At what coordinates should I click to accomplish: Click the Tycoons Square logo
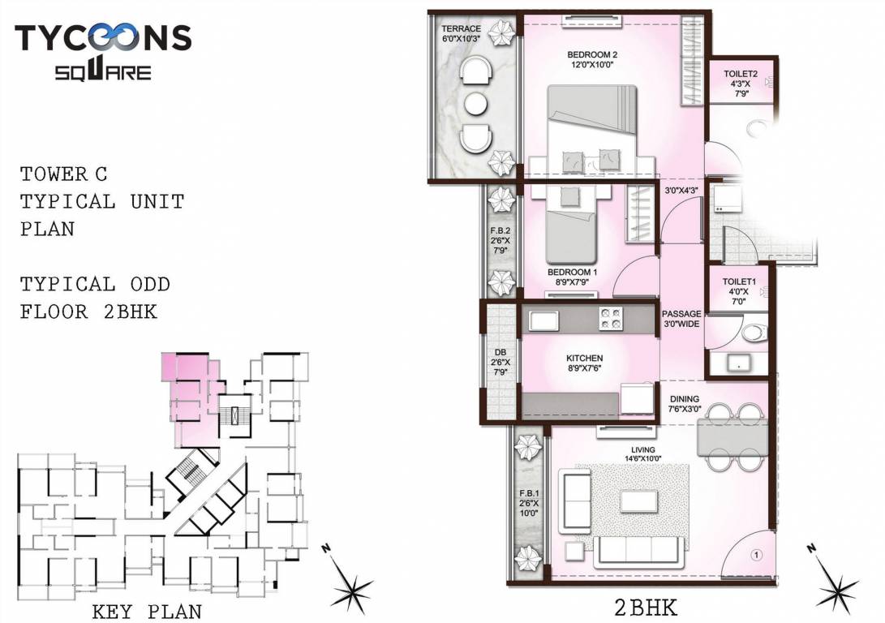(x=103, y=51)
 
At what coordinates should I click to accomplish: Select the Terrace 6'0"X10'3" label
(x=460, y=33)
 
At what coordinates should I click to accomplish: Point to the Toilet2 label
(x=741, y=84)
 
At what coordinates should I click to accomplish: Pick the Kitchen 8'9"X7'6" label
(x=584, y=363)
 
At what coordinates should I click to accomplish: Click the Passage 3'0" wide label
(x=681, y=319)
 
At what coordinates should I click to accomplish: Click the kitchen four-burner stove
(x=610, y=319)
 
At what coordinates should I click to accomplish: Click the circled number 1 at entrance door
(x=754, y=556)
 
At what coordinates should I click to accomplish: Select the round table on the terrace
(x=474, y=104)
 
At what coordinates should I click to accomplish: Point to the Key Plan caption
(x=147, y=611)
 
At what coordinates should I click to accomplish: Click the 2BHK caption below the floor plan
(x=645, y=607)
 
